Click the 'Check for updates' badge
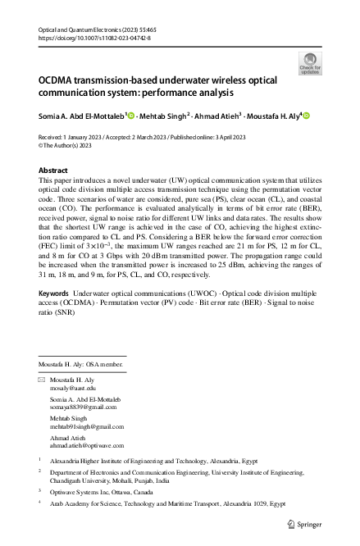pyautogui.click(x=311, y=63)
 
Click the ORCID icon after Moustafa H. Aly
pyautogui.click(x=307, y=116)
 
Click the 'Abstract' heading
pyautogui.click(x=53, y=170)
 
